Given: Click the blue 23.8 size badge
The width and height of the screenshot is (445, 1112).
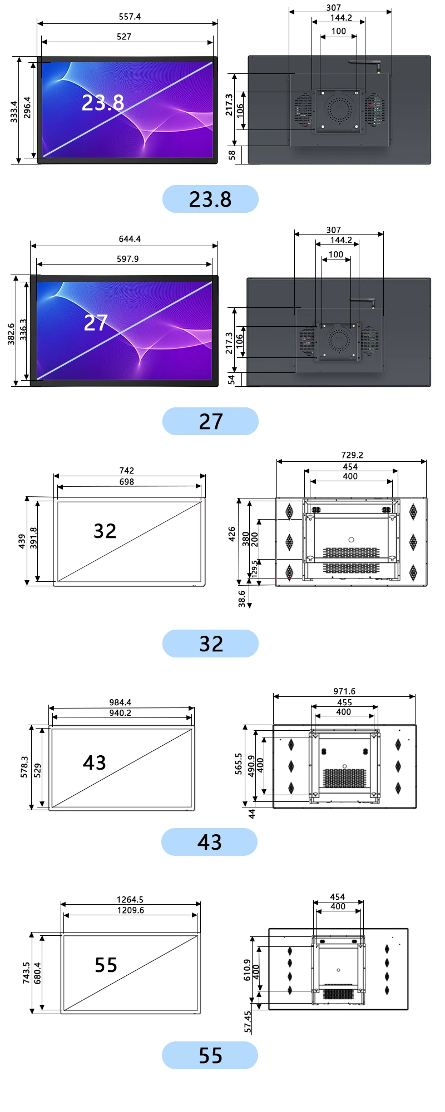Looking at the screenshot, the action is (210, 199).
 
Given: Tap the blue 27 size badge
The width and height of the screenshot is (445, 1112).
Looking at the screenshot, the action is (210, 421).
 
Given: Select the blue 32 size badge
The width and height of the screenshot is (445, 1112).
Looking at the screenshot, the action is (210, 644).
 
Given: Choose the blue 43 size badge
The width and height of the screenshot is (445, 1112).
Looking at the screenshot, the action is (209, 842).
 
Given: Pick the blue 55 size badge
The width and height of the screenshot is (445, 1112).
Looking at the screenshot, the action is (210, 1055).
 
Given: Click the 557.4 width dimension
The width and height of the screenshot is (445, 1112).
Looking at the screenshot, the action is (130, 17).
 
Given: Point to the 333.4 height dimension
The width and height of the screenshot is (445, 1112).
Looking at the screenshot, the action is (14, 111).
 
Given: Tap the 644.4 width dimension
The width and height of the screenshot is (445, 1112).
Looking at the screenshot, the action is (130, 239).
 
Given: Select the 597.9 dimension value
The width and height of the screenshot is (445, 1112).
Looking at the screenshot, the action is (128, 259).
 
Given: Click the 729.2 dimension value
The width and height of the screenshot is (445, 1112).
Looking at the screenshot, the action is (352, 455).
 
